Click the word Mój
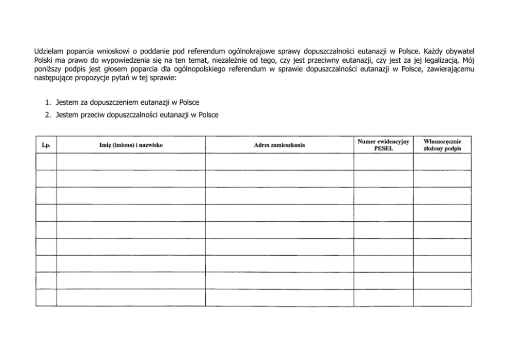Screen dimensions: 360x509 pos(468,60)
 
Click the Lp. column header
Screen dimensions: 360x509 pos(46,145)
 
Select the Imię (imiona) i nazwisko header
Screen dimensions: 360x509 pos(131,145)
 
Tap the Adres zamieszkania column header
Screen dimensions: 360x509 pos(279,145)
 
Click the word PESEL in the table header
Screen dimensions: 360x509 pos(383,148)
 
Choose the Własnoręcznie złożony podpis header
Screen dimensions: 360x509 pos(442,145)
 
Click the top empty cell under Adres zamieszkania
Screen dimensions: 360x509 pos(279,162)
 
